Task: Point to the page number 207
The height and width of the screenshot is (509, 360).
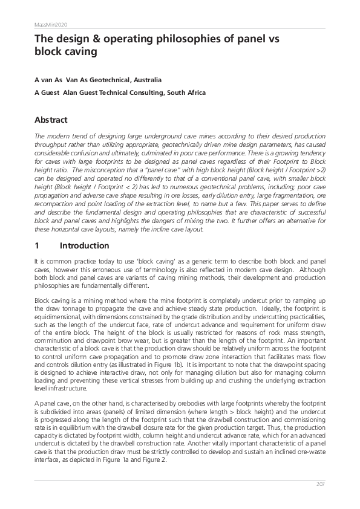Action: click(x=321, y=485)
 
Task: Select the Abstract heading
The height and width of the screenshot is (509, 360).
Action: click(x=51, y=120)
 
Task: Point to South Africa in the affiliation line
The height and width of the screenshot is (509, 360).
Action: click(x=188, y=93)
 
